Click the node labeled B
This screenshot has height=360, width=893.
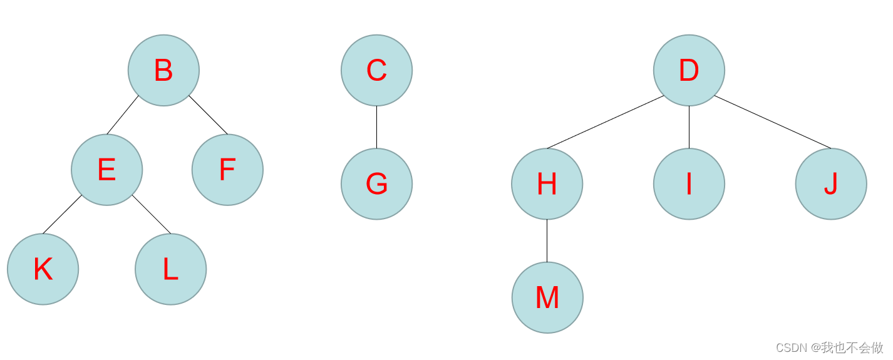coord(163,70)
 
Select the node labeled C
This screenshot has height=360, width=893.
coord(376,70)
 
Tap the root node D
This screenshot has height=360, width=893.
coord(689,70)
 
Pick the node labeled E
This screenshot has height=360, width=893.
coord(106,170)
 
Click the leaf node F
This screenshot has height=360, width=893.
coord(227,170)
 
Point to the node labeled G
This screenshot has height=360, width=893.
coord(376,184)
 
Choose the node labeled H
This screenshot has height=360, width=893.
coord(547,184)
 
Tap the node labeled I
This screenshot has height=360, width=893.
coord(689,184)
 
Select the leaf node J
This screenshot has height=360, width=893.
coord(831,184)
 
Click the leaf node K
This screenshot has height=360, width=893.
coord(43,269)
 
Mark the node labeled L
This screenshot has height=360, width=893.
coord(170,269)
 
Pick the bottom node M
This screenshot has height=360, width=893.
coord(547,297)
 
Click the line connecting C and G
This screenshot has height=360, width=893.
coord(376,127)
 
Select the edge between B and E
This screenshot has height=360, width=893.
coord(123,115)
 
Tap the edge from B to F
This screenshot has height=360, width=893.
coord(208,115)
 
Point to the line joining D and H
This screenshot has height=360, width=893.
coord(605,122)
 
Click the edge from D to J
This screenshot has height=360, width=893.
coord(773,122)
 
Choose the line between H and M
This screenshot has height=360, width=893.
coord(547,240)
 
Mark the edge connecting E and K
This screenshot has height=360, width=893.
coord(62,215)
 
